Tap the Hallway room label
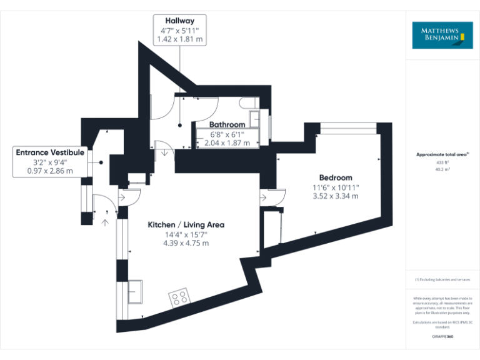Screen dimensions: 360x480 (x=179, y=21)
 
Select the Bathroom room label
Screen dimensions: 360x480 (x=227, y=124)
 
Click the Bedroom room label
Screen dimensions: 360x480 (x=336, y=177)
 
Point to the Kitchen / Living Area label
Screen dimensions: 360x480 (x=186, y=224)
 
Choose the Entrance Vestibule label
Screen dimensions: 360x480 (x=50, y=152)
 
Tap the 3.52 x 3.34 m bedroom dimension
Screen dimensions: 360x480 (x=336, y=196)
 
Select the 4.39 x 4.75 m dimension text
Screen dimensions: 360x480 (x=186, y=243)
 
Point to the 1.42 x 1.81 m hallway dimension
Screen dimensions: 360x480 (x=179, y=39)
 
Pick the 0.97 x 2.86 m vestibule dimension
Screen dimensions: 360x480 (x=50, y=171)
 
